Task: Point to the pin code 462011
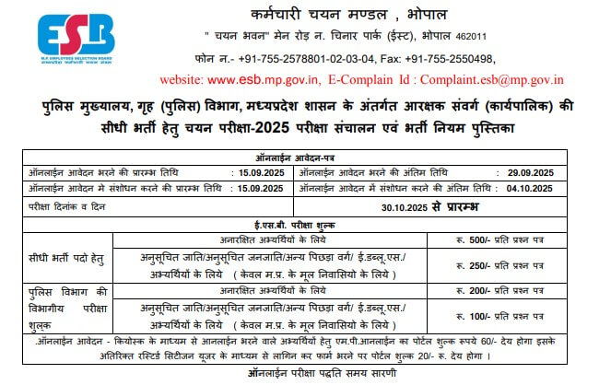[466, 36]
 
